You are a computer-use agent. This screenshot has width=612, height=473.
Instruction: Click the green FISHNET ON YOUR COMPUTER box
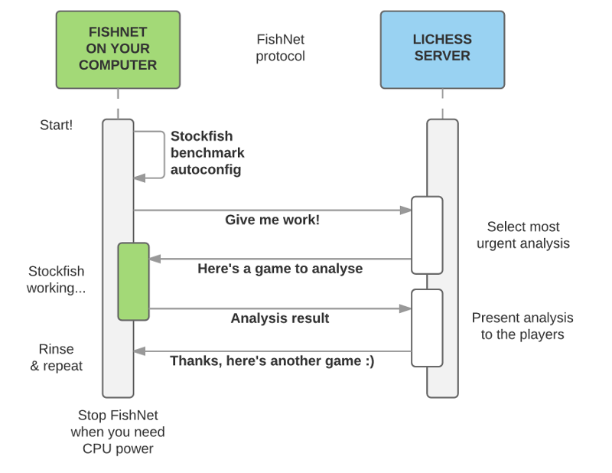point(118,50)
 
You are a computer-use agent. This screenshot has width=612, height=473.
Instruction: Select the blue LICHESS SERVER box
point(442,50)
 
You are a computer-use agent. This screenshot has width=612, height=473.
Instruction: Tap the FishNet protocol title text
point(280,47)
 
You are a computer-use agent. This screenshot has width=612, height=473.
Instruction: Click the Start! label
point(57,125)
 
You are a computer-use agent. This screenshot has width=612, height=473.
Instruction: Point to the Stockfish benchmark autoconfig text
point(206,153)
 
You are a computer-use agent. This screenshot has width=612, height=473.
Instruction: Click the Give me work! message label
point(272,220)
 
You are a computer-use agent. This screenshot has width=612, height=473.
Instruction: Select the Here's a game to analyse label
point(280,269)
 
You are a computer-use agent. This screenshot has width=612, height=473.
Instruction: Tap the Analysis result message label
point(280,318)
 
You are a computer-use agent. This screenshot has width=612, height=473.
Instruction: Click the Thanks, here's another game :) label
point(272,360)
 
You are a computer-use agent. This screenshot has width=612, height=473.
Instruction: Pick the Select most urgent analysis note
point(523,235)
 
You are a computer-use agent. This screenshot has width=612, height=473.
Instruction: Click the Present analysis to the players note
point(522,326)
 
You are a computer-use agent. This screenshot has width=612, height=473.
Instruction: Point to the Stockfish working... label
point(57,279)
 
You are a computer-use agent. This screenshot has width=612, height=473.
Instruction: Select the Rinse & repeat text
point(57,357)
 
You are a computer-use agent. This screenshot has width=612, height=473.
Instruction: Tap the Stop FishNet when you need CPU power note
point(118,432)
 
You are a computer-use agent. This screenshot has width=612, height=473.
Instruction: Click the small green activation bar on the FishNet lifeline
point(133,281)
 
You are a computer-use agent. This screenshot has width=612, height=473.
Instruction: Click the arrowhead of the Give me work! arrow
point(406,210)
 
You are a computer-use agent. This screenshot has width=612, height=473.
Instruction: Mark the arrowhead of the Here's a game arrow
point(155,259)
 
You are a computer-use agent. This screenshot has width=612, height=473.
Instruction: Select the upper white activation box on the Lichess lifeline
point(427,235)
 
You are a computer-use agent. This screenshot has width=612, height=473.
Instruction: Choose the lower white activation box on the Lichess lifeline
point(427,328)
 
